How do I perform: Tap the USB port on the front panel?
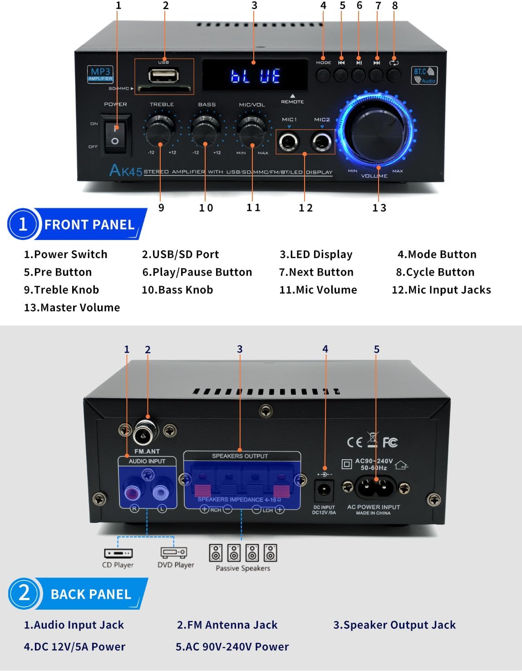(163, 75)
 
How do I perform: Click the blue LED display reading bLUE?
(255, 75)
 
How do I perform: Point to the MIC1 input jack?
(289, 142)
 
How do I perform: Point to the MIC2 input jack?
(322, 142)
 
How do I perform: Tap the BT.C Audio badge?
(424, 75)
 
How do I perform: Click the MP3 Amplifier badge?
(100, 74)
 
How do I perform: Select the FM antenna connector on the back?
(145, 432)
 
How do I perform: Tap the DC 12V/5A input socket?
(324, 490)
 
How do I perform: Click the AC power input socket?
(375, 487)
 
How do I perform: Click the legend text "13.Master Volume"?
(72, 308)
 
